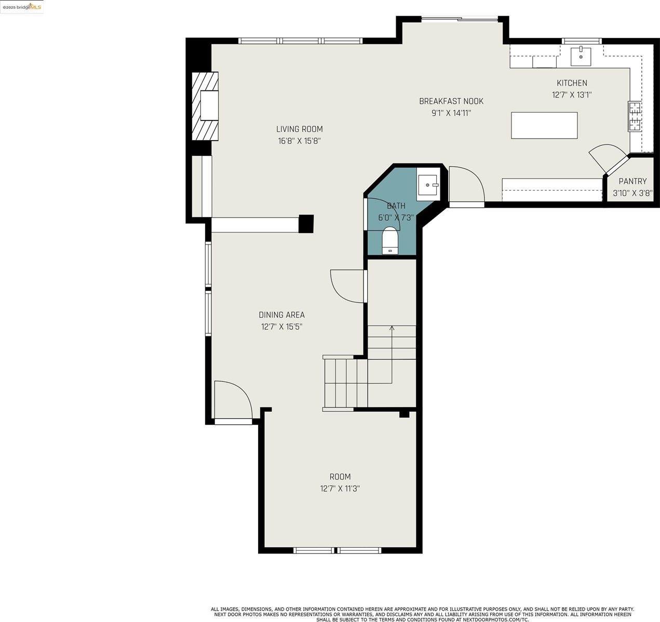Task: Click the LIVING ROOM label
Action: click(x=299, y=129)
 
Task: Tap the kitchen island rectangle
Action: click(x=544, y=126)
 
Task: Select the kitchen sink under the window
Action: click(x=581, y=56)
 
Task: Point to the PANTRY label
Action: click(x=632, y=181)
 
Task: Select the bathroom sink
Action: click(x=428, y=184)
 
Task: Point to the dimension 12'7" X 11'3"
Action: click(x=340, y=489)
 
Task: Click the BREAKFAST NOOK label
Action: click(x=451, y=101)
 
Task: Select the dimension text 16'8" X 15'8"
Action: click(x=299, y=141)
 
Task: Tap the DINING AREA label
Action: click(x=281, y=315)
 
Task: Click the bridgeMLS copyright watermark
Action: click(x=22, y=7)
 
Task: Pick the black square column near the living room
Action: click(x=306, y=223)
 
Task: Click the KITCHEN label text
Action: click(x=572, y=83)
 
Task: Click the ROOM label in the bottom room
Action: click(x=340, y=477)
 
